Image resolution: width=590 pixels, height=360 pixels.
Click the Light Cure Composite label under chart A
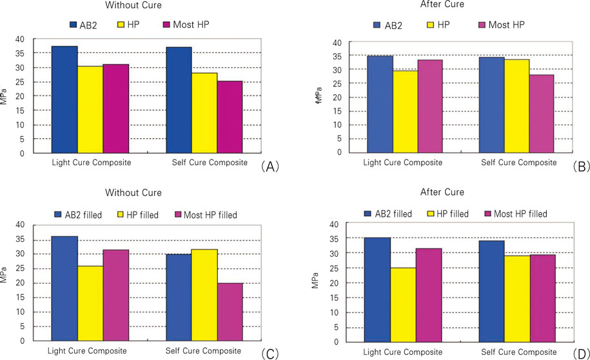(91, 163)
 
